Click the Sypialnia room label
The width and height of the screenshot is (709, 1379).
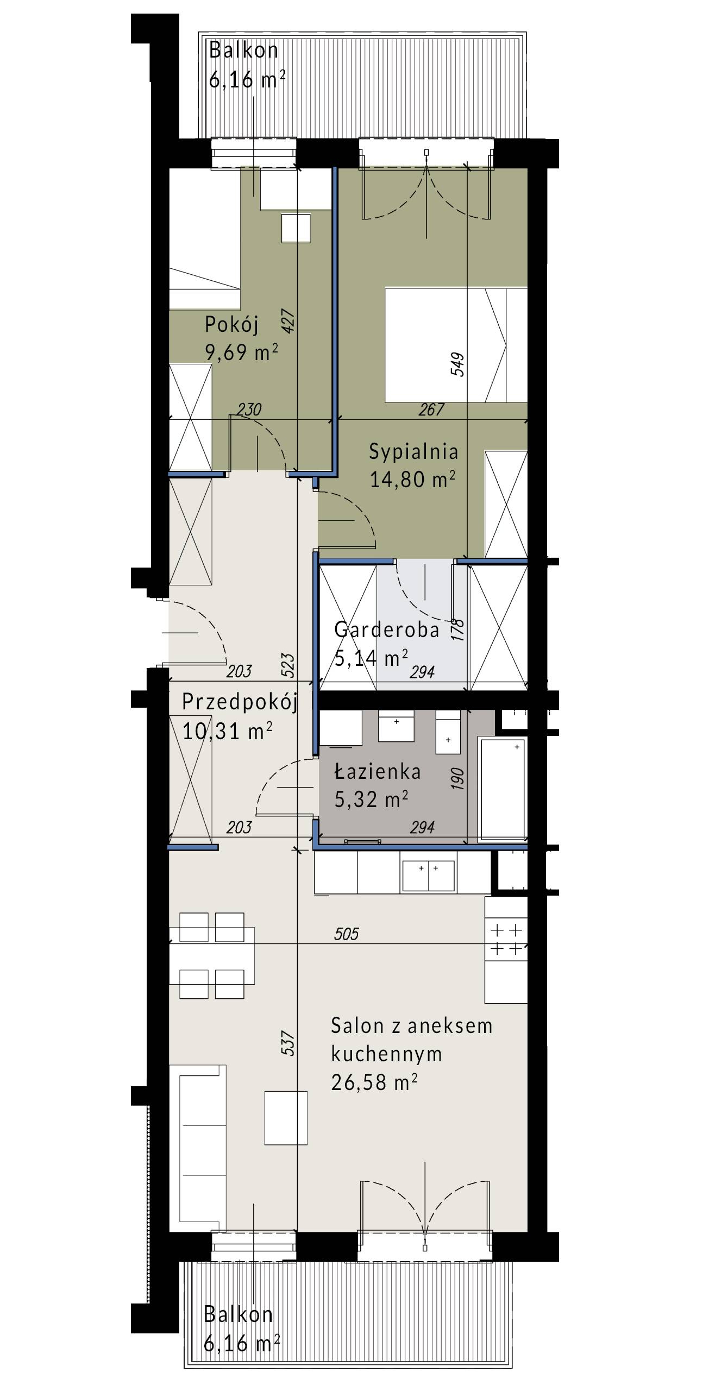point(413,452)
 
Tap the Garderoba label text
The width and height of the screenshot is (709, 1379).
point(386,629)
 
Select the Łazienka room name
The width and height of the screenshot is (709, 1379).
point(378,772)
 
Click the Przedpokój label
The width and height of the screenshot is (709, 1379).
point(240,702)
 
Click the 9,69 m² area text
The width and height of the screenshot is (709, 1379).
point(241,352)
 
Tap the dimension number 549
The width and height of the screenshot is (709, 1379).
point(457,364)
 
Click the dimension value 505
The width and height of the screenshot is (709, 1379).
point(347,934)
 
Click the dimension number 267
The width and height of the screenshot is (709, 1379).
point(431,410)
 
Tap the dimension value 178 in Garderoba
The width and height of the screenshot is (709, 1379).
point(457,630)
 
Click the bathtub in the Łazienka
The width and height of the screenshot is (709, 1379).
point(503,790)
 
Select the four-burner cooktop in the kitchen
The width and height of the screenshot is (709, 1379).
point(506,940)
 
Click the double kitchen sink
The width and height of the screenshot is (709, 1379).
point(428,876)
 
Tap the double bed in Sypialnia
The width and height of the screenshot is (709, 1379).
point(456,345)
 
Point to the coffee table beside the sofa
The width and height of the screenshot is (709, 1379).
point(286,1118)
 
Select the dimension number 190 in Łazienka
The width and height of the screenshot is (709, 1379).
point(457,778)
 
